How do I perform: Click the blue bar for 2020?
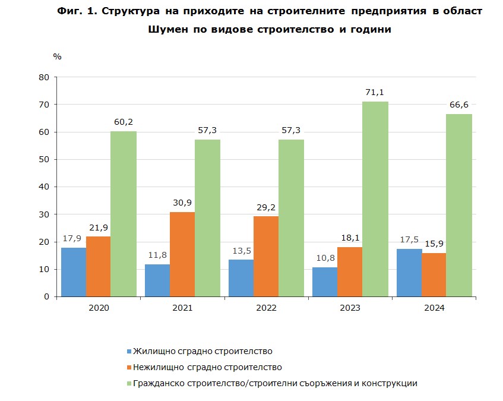point(74,272)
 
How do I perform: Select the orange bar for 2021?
point(182,254)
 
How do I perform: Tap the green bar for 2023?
point(375,199)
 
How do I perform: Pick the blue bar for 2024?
point(410,273)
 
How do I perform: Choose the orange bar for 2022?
point(266,257)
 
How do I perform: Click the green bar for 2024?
point(459,205)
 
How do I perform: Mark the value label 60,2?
point(124,122)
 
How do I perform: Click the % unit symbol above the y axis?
point(57,56)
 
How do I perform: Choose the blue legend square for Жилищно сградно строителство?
point(129,351)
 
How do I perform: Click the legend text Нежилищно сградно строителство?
point(207,367)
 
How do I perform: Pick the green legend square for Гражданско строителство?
point(129,383)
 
